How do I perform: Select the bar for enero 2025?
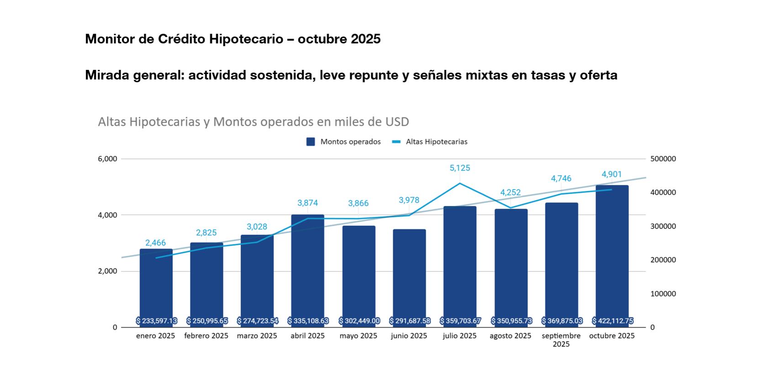(x=156, y=288)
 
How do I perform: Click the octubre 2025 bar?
(x=612, y=256)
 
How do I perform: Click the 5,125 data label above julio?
(x=459, y=168)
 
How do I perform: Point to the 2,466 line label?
(x=155, y=243)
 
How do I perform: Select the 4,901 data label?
(x=611, y=174)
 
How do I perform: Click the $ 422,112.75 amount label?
(x=612, y=321)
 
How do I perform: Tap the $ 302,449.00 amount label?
(x=359, y=321)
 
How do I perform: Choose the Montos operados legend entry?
(x=343, y=142)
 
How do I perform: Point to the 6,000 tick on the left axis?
(x=107, y=159)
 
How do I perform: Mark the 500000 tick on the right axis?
(x=663, y=159)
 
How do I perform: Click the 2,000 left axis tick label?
(x=107, y=271)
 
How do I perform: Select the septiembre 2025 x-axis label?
(x=561, y=339)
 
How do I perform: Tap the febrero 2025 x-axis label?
(x=206, y=336)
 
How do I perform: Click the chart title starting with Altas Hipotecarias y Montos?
(x=253, y=122)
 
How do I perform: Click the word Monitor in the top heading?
(x=110, y=39)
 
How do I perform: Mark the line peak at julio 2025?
(x=459, y=184)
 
